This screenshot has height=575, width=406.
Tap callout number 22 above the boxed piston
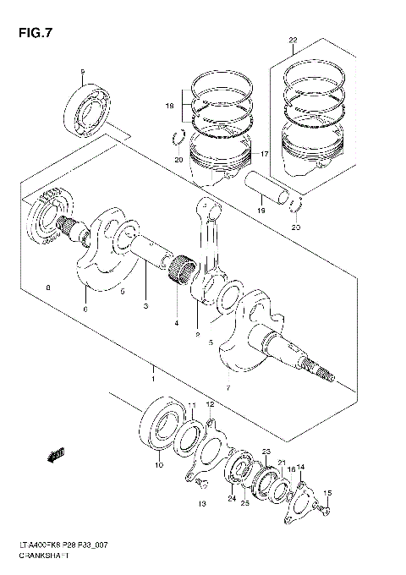click(x=292, y=41)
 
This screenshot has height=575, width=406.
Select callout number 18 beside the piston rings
click(x=168, y=107)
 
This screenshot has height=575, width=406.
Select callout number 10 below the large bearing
click(x=158, y=465)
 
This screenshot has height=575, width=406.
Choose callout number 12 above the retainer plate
click(x=212, y=405)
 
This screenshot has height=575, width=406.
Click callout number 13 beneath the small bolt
click(x=200, y=504)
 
